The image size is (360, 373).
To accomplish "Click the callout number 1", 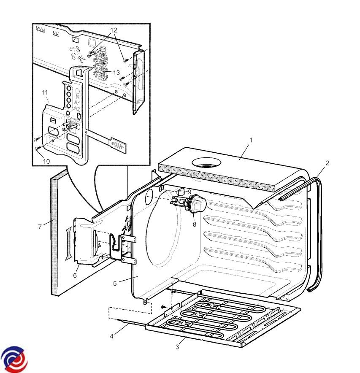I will point(251,139).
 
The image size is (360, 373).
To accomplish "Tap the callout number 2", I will point(328,162).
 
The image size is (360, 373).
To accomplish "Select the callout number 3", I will point(177,347).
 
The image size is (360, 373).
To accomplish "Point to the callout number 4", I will point(112,336).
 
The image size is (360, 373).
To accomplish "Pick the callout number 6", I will point(75,275).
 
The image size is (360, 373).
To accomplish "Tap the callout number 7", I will point(40,227).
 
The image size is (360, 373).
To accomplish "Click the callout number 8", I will point(195,224).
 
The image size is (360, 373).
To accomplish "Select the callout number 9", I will point(189,192).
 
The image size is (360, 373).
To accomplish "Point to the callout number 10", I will point(47,161).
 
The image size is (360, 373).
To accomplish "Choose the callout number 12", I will point(114,30).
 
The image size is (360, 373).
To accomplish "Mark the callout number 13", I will point(116,73).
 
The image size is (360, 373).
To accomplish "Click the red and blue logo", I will point(14,359).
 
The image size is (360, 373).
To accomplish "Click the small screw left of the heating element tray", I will point(162,306).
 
